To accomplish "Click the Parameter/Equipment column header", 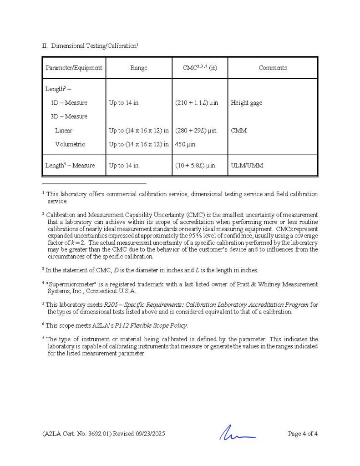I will coord(74,68).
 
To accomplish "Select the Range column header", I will coord(139,68).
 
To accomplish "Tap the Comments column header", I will coord(273,68).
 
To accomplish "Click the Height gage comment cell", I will coord(246,103).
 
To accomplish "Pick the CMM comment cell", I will coord(239,131).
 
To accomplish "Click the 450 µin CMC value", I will coord(185,144).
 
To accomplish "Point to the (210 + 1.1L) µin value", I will coord(197,103).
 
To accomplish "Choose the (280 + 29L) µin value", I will coord(197,131).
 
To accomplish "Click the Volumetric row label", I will coord(70,144).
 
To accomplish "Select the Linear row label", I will coord(64,131).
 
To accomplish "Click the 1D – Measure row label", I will coord(69,103).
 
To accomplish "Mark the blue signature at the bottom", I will coord(237,433).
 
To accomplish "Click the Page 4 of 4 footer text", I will coord(303,434).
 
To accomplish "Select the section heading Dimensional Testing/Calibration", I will coord(93,46).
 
